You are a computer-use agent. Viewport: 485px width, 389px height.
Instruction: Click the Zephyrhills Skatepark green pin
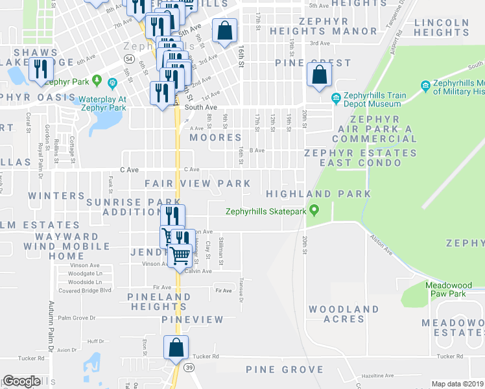(x=314, y=210)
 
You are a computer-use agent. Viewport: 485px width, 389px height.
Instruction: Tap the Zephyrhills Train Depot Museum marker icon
(x=336, y=99)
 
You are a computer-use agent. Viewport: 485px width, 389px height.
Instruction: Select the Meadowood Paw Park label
(x=445, y=289)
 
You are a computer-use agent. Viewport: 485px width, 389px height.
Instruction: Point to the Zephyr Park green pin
(x=97, y=81)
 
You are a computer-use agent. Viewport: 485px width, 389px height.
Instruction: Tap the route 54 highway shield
(x=130, y=58)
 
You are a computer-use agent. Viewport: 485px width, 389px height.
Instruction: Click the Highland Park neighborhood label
(x=318, y=194)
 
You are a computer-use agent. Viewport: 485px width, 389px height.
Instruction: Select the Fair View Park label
(x=198, y=184)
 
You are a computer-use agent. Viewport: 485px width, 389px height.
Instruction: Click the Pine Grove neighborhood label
(x=284, y=370)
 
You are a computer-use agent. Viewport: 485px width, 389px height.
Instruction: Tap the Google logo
(x=21, y=381)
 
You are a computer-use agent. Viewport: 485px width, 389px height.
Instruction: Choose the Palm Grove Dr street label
(x=77, y=318)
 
